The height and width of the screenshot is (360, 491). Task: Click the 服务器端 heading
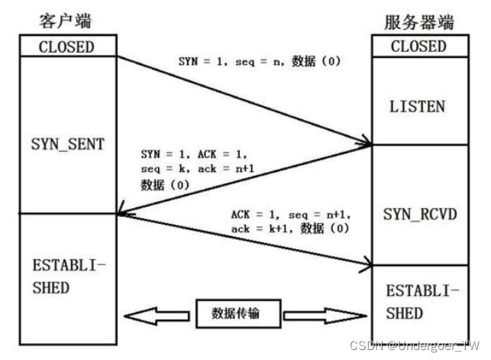point(417,21)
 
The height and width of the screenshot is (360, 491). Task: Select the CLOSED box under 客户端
point(66,46)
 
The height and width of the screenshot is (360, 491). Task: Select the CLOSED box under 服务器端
point(418,46)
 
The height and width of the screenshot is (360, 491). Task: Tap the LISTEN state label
point(418,106)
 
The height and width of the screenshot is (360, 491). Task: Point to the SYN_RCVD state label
point(418,213)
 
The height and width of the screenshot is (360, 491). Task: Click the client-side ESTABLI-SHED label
point(61,277)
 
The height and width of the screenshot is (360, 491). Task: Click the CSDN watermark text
point(415,345)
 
